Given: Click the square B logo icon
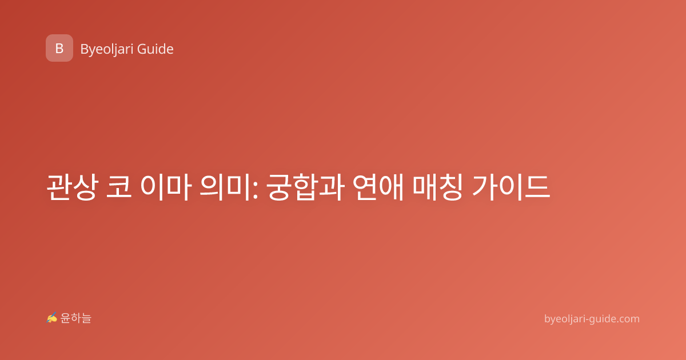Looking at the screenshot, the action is [x=59, y=48].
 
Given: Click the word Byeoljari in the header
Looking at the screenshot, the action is [x=107, y=49].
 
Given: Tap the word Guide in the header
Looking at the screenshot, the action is [x=155, y=49].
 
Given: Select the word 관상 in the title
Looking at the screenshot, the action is [x=73, y=187].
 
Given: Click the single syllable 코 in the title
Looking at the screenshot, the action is [x=119, y=187].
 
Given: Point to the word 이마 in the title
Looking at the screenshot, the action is [x=166, y=187].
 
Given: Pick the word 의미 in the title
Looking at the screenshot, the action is [x=225, y=187].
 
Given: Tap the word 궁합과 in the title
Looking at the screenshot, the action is [x=305, y=187].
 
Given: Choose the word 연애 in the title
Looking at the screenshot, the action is [x=378, y=187].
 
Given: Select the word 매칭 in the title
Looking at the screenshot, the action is [x=438, y=187].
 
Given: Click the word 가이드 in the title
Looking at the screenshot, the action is [x=511, y=187].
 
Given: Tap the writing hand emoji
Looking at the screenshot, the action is [x=52, y=318].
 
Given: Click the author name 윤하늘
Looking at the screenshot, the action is [x=75, y=318].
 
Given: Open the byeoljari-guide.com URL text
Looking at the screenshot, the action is [x=592, y=319].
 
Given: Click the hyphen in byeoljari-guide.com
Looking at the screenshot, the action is [x=587, y=320].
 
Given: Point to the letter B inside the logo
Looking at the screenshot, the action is [x=59, y=49].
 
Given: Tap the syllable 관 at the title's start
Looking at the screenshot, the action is [x=59, y=187].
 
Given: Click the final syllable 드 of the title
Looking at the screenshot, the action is [x=537, y=187].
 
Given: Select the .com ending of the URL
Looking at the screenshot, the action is [x=628, y=319].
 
